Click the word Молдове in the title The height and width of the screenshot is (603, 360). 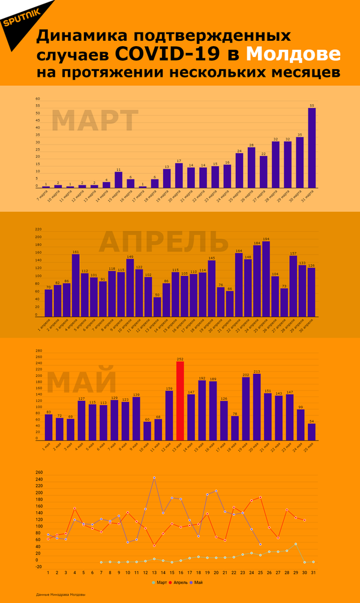point(293,54)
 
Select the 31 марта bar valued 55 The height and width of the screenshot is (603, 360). point(311,148)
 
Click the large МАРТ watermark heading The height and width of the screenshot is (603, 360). point(95,121)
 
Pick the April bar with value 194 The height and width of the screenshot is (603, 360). point(266,278)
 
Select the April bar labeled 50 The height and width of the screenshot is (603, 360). point(157,306)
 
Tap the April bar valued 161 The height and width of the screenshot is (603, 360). point(76,285)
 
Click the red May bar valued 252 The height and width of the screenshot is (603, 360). point(180,400)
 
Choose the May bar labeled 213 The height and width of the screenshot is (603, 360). point(257,406)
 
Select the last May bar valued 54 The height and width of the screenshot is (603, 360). point(311,431)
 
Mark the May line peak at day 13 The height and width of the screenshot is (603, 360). point(154,478)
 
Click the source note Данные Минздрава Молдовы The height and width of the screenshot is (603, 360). point(60,595)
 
